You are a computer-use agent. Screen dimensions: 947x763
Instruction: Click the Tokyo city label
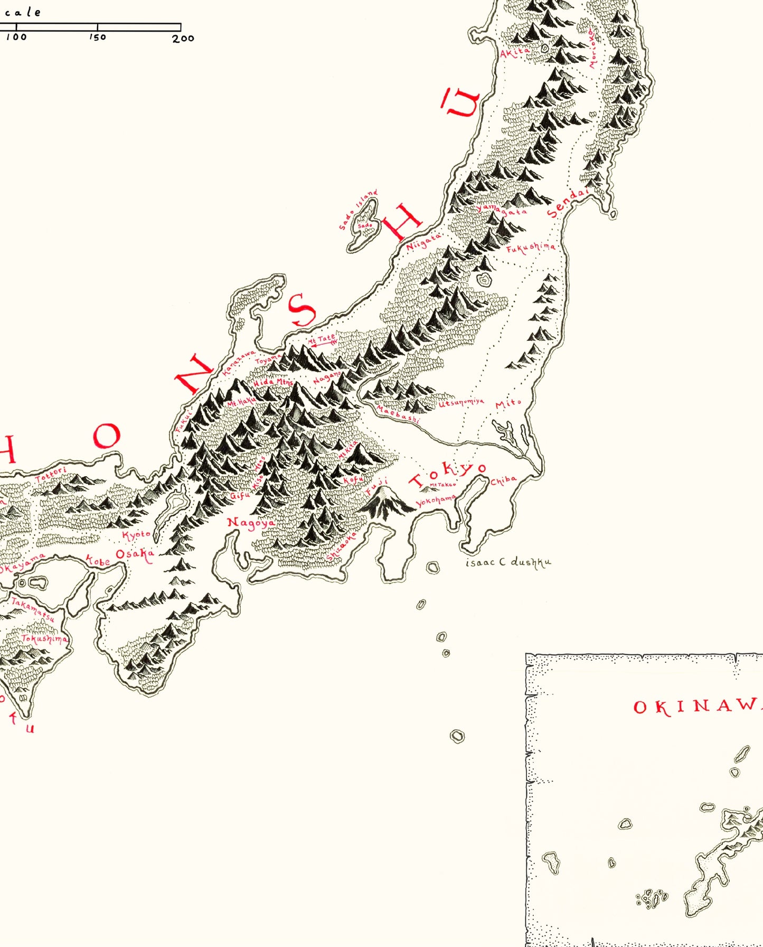(x=448, y=474)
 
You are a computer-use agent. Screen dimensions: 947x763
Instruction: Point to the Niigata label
(x=423, y=243)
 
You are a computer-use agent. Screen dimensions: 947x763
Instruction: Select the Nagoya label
(x=251, y=523)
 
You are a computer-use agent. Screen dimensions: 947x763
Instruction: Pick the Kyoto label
(x=136, y=535)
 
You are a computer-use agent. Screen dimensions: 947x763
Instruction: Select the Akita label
(x=514, y=52)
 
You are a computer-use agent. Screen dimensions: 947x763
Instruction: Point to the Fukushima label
(x=531, y=247)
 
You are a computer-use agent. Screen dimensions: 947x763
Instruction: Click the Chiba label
(x=503, y=480)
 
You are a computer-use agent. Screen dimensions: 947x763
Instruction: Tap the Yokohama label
(x=436, y=500)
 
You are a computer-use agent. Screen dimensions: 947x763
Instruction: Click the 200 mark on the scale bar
(x=183, y=38)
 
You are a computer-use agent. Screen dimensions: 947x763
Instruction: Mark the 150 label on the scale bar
(x=98, y=37)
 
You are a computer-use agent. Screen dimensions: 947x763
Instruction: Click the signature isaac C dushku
(x=508, y=562)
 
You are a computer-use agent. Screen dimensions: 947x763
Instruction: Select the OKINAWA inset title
(x=697, y=707)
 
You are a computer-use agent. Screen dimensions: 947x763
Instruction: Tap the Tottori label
(x=51, y=474)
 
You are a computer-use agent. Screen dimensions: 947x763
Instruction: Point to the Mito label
(x=508, y=404)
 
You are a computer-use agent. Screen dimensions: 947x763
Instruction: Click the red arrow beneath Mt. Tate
(x=323, y=344)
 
